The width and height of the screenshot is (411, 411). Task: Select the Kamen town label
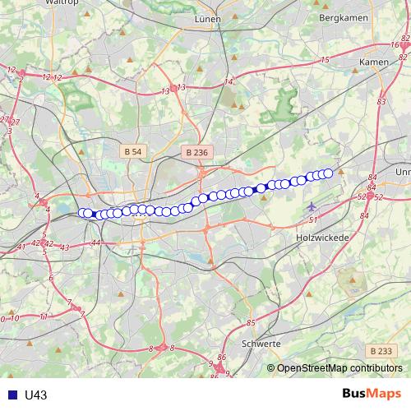[374, 62]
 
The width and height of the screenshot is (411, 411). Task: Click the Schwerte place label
[262, 344]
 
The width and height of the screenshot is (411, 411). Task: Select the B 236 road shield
[196, 152]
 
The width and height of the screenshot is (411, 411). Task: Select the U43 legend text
[35, 395]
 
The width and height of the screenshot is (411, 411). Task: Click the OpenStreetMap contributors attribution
[339, 367]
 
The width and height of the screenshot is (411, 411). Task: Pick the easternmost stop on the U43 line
[328, 173]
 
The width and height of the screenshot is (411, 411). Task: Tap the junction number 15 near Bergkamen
[325, 60]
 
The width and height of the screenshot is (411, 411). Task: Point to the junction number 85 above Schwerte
[251, 322]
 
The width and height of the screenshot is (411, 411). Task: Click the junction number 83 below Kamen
[381, 101]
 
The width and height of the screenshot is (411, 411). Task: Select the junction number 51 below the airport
[313, 220]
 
